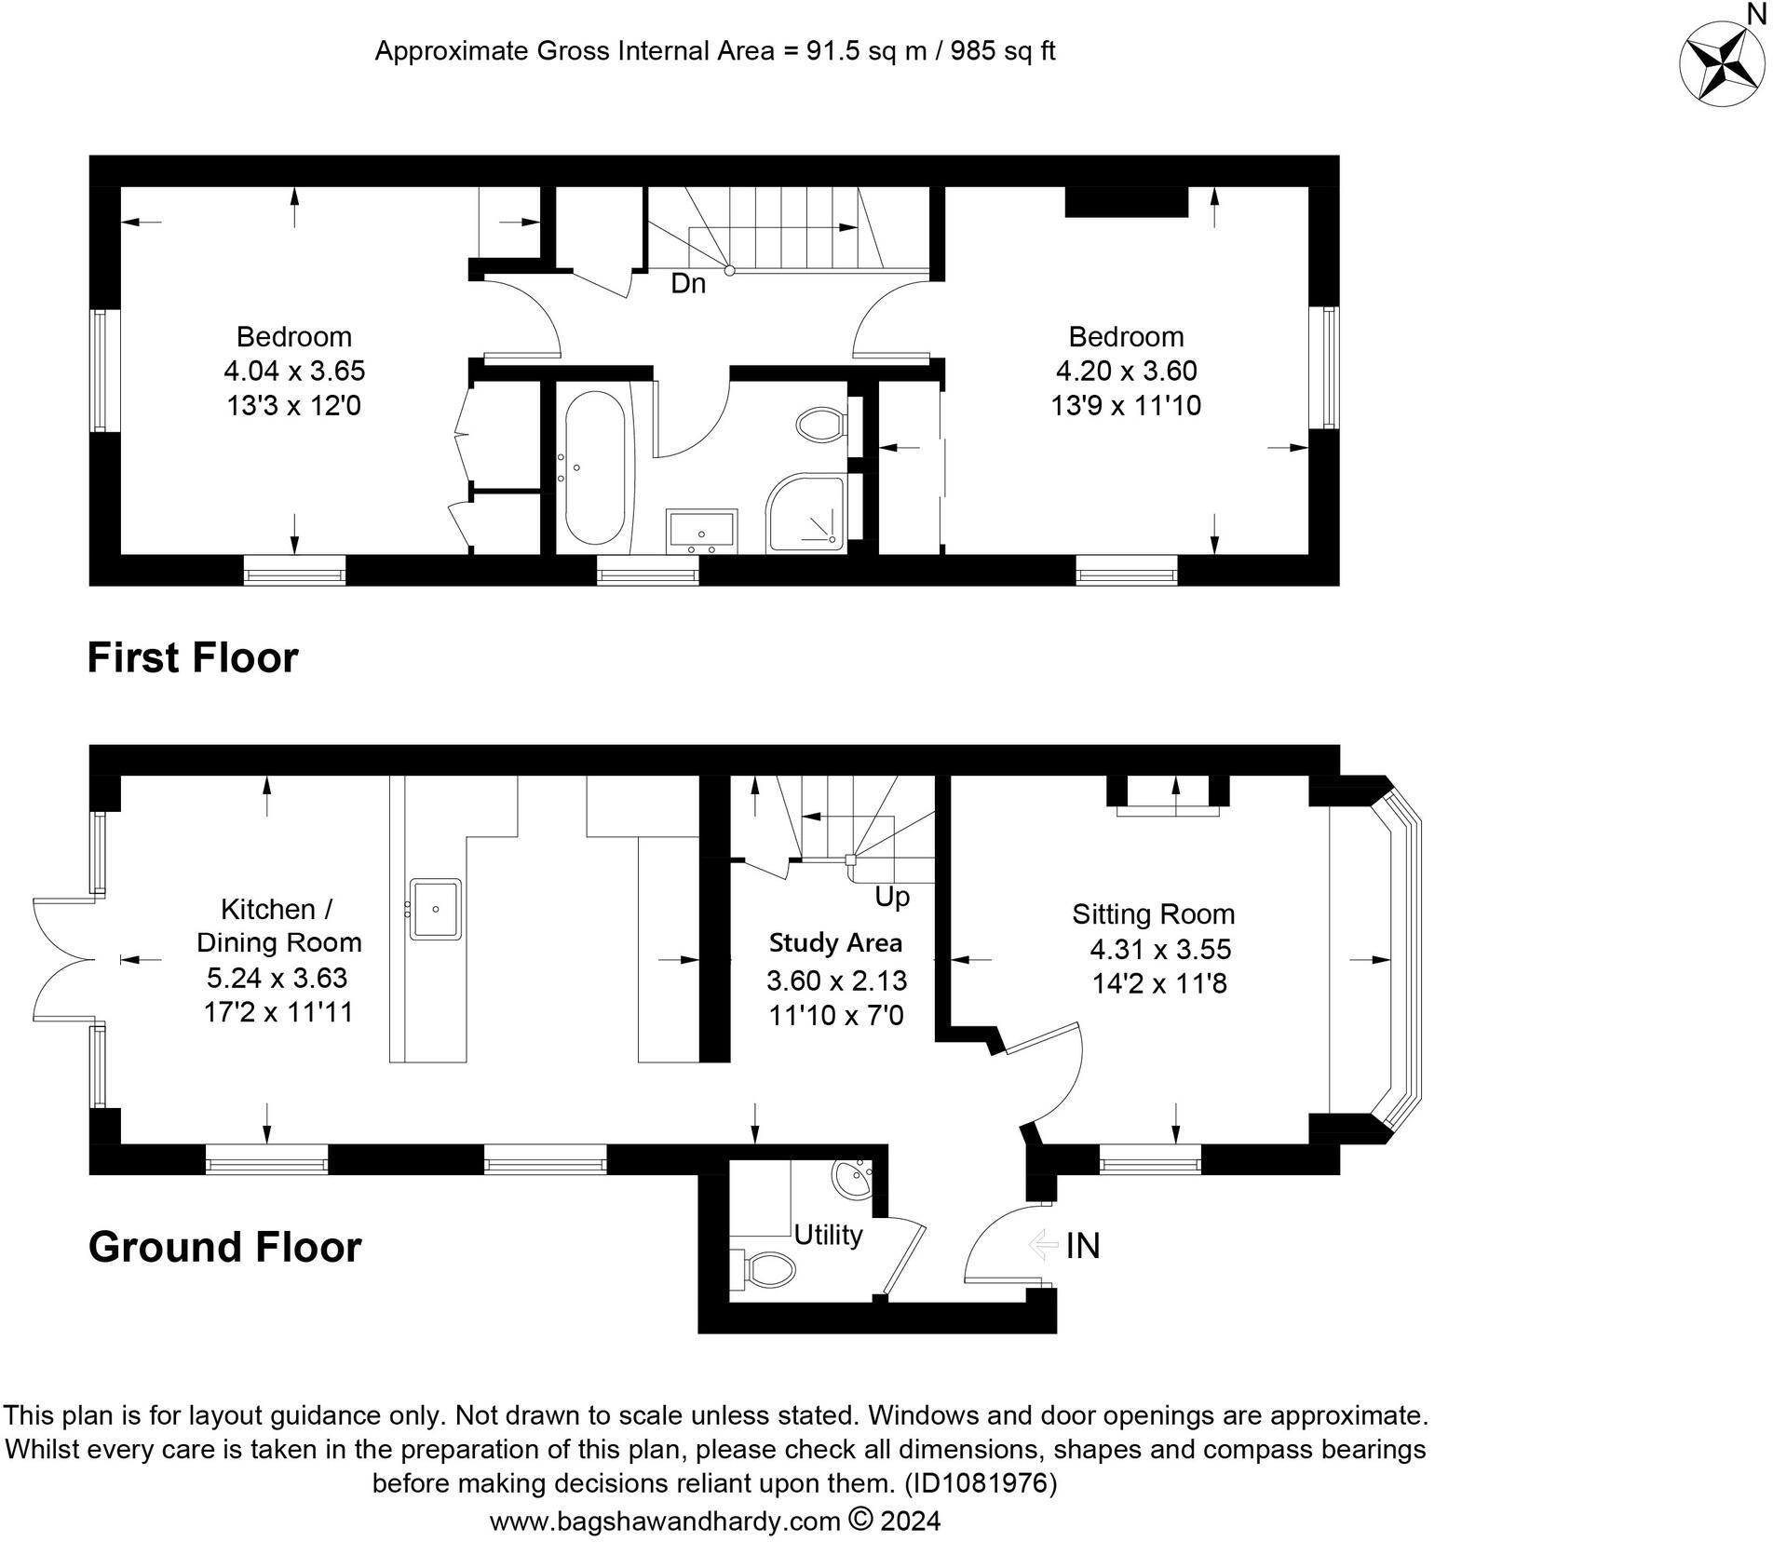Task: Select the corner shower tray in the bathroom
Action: pos(806,514)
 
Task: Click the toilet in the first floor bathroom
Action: pos(821,426)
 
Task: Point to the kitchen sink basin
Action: pos(435,909)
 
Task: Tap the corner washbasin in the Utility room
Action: pos(853,1181)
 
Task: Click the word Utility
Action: pos(828,1236)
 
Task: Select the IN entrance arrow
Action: pos(1043,1244)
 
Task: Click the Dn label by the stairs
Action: pos(688,283)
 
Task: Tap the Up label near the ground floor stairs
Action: pos(891,897)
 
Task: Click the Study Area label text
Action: pos(835,943)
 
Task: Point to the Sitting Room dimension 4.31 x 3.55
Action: pos(1160,949)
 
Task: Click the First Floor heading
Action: pos(193,657)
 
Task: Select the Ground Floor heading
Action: pos(224,1247)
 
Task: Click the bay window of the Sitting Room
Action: pos(1401,959)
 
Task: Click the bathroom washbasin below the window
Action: pos(702,531)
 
